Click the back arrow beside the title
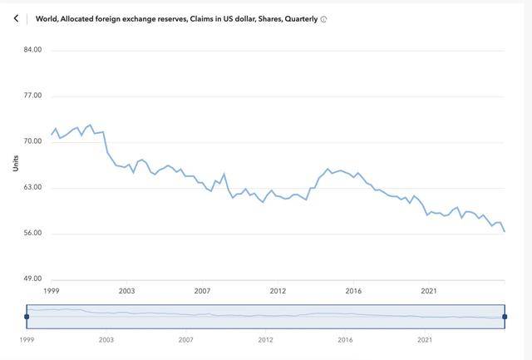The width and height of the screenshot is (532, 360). [16, 18]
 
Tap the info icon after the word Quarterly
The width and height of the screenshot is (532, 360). [323, 19]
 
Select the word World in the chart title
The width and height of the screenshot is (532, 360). [47, 18]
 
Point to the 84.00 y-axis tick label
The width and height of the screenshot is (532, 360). [33, 50]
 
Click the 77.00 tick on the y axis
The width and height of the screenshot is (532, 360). [33, 96]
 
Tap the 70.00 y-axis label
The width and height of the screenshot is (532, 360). [33, 141]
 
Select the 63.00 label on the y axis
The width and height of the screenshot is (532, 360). [33, 187]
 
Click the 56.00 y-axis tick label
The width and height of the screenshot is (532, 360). [33, 233]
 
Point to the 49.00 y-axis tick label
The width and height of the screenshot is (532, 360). [33, 279]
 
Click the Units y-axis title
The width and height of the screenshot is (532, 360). [15, 164]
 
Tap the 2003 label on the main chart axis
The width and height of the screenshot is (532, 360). [126, 290]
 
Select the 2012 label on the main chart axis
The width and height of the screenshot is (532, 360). [278, 290]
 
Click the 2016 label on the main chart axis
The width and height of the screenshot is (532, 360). [353, 290]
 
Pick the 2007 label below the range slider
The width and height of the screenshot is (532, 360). [185, 340]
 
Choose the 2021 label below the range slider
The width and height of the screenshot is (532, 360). [425, 340]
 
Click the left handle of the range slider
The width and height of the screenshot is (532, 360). [27, 317]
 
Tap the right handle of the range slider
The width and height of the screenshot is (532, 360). [505, 317]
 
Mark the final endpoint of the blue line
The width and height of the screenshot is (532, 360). [505, 231]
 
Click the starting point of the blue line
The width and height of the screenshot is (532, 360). [52, 134]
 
